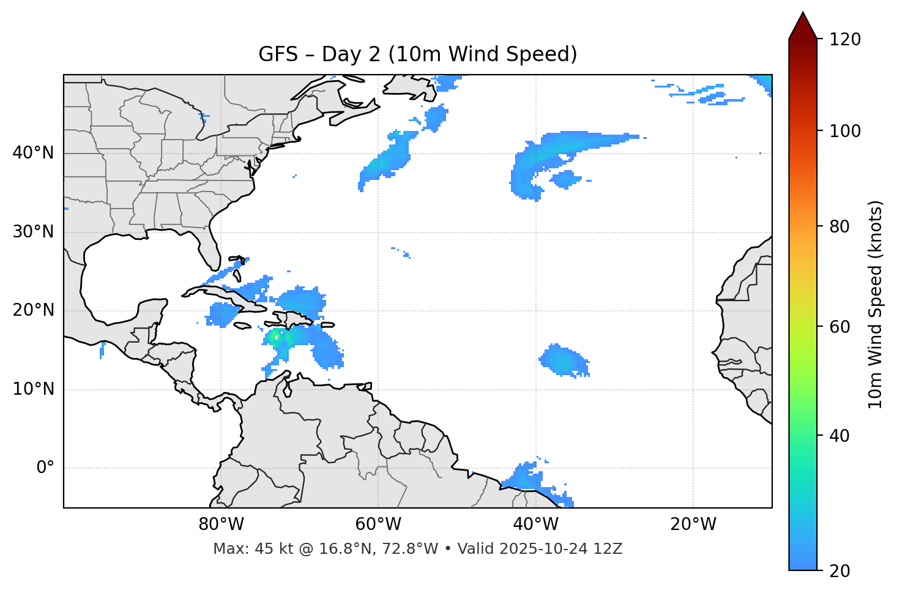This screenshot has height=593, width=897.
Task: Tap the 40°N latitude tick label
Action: (x=33, y=153)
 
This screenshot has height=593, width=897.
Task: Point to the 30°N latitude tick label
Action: (x=33, y=232)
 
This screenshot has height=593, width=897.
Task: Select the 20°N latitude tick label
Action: (x=33, y=310)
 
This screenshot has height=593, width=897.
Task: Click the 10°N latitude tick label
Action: (x=33, y=389)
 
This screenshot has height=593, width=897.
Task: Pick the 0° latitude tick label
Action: (x=45, y=468)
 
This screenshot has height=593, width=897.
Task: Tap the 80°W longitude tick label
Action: (x=221, y=524)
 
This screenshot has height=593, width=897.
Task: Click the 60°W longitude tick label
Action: (x=378, y=524)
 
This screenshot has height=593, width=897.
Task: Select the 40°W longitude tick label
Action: (x=535, y=524)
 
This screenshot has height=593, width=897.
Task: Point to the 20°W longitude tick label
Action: (x=693, y=524)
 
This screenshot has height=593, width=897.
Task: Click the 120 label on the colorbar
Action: (x=845, y=40)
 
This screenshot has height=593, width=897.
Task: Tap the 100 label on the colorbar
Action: (x=845, y=131)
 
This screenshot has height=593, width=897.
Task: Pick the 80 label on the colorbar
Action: (x=840, y=226)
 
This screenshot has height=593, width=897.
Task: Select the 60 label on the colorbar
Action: (x=840, y=327)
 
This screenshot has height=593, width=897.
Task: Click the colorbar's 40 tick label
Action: (x=840, y=436)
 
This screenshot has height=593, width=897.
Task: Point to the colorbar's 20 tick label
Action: (x=840, y=571)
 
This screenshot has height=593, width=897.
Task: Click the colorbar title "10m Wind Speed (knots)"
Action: (x=876, y=304)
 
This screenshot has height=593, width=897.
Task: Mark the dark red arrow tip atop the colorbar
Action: (x=803, y=18)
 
